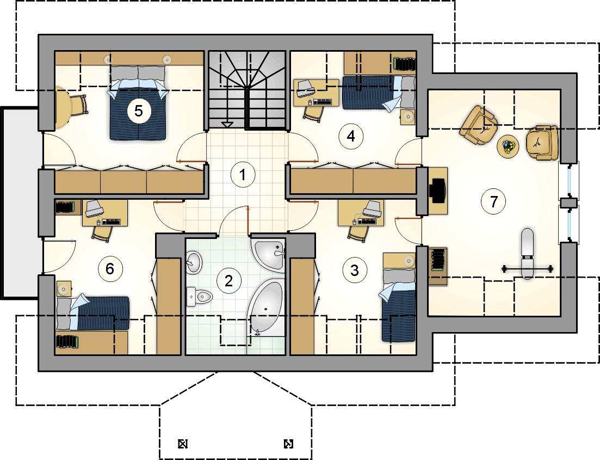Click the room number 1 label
(243, 175)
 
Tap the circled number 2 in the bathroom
(229, 281)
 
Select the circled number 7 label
(493, 201)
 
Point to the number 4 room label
(351, 136)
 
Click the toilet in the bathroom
(199, 297)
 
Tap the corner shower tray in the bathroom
(269, 255)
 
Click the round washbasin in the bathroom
(194, 262)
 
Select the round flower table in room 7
(508, 146)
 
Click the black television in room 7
(437, 191)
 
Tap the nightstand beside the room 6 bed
(64, 289)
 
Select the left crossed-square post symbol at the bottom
(183, 444)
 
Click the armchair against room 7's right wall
(542, 143)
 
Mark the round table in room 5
(63, 107)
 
